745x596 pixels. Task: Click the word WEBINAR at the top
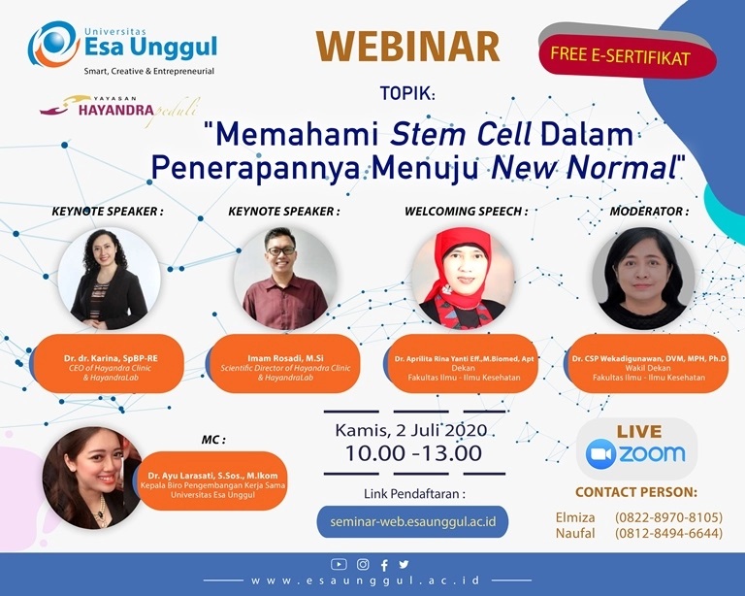pos(407,47)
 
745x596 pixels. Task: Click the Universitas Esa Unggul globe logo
pos(52,46)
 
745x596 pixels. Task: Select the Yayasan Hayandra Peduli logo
pos(118,111)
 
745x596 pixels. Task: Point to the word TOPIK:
pos(407,93)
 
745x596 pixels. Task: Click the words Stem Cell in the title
pos(461,134)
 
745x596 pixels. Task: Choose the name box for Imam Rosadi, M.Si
pos(283,364)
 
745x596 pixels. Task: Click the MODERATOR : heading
pos(649,211)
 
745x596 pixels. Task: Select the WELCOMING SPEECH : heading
pos(466,211)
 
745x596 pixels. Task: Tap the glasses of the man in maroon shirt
pos(280,250)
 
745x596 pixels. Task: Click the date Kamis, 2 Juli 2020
pos(411,430)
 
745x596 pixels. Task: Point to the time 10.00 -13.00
pos(413,453)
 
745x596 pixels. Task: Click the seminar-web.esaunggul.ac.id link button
pos(412,522)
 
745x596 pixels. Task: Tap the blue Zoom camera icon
pos(601,454)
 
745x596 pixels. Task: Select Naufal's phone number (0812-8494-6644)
pos(668,533)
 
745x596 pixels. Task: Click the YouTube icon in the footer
pos(339,564)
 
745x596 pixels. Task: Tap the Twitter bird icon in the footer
pos(404,564)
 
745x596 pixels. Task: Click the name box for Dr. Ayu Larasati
pos(212,480)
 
